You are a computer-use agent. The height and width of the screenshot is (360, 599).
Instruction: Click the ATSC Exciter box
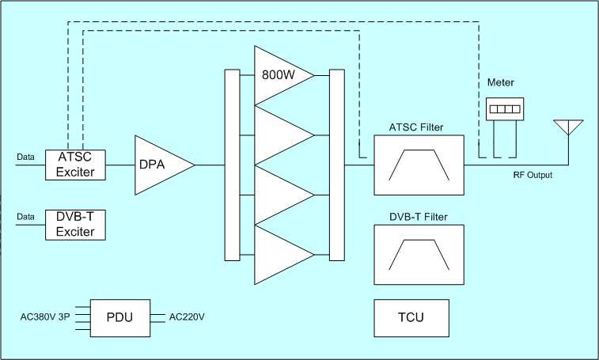tap(75, 164)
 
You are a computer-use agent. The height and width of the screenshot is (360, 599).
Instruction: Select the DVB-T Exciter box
tap(75, 224)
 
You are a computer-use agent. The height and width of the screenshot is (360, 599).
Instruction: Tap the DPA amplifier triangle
tap(161, 165)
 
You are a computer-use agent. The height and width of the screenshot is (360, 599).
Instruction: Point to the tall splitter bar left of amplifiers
tap(232, 165)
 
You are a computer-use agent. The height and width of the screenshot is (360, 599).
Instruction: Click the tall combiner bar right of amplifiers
tap(337, 165)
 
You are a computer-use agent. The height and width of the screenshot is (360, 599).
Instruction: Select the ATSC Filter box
tap(419, 165)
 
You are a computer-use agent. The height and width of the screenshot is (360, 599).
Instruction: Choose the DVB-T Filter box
tap(419, 255)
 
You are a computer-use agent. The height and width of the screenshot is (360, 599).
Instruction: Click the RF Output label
tap(531, 176)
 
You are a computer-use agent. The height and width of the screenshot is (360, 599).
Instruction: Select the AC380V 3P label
tap(44, 318)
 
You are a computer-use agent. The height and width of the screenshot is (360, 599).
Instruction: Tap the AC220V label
tap(188, 318)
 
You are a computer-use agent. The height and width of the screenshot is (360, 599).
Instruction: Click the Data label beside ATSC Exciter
tap(26, 157)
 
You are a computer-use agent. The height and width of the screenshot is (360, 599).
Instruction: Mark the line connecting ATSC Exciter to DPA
tap(119, 165)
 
